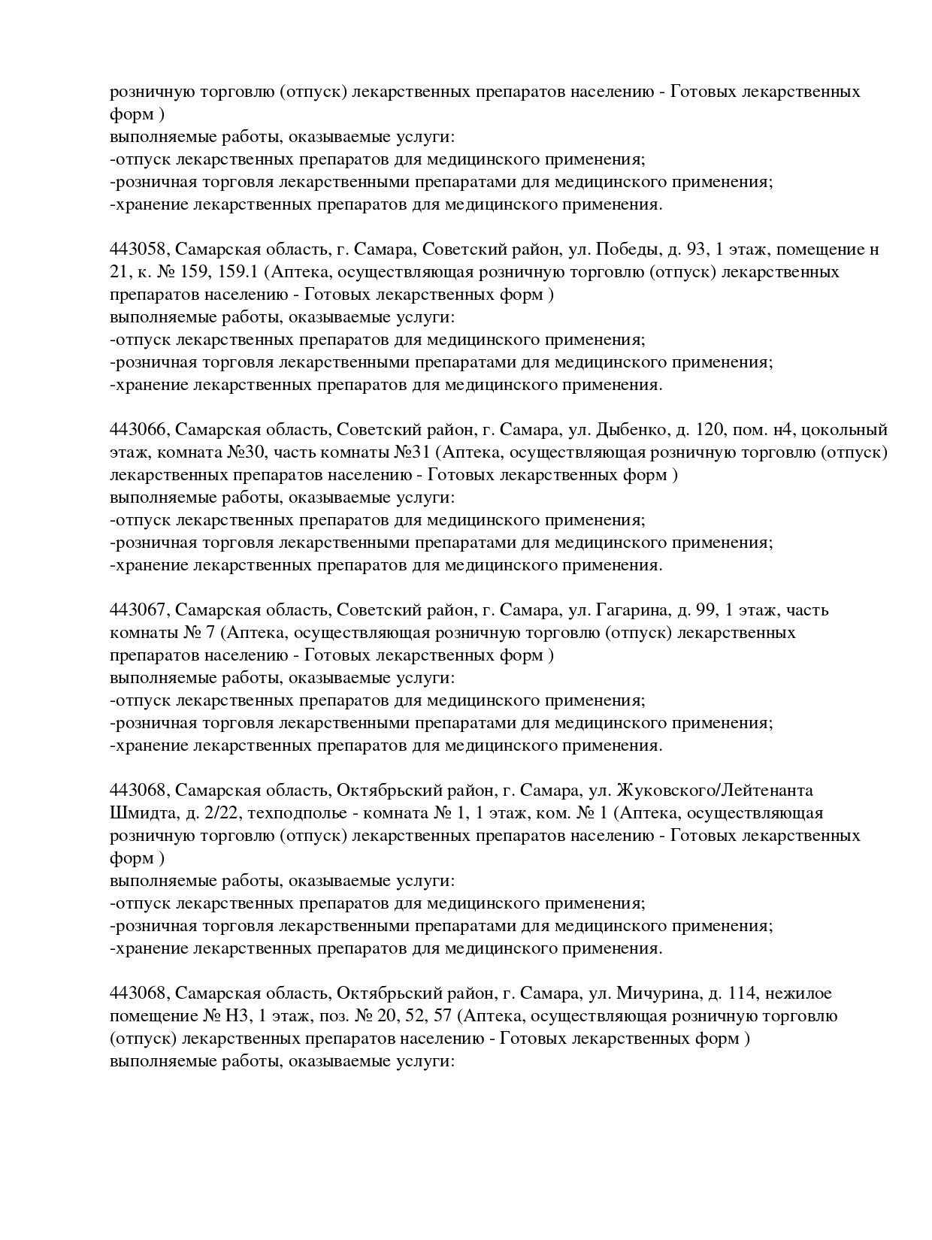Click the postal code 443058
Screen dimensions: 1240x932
139,250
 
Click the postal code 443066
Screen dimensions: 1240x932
139,430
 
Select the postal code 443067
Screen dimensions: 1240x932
139,610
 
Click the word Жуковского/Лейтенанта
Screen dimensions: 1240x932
715,791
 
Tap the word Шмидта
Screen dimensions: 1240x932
138,813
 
